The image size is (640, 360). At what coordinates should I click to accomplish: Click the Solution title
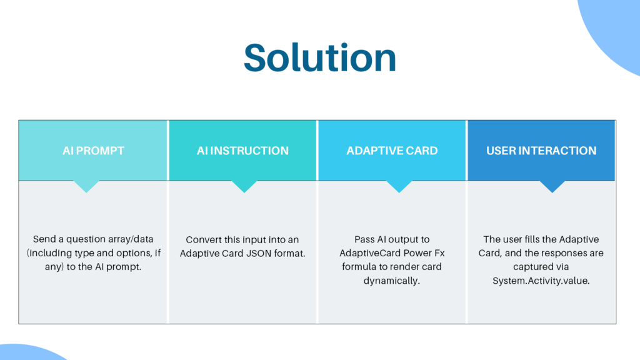click(x=320, y=57)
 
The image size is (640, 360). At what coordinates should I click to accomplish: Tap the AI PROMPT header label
click(x=93, y=151)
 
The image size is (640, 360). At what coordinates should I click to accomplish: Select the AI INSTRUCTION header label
click(x=242, y=151)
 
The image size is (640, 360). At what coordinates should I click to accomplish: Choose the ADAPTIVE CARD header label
click(x=392, y=151)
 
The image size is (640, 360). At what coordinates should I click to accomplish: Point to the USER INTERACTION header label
click(x=541, y=151)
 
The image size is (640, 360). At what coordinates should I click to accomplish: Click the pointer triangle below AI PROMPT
click(x=86, y=186)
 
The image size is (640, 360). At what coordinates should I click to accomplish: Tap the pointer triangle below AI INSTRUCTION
click(x=244, y=186)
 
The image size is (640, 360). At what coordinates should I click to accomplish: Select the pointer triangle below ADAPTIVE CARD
click(x=399, y=186)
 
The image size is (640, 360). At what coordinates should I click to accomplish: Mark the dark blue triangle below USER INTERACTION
click(x=552, y=186)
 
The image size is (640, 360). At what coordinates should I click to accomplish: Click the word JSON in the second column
click(x=259, y=254)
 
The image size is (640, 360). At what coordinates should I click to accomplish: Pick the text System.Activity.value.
click(x=541, y=281)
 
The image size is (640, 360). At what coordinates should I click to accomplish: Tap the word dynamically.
click(x=391, y=281)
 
